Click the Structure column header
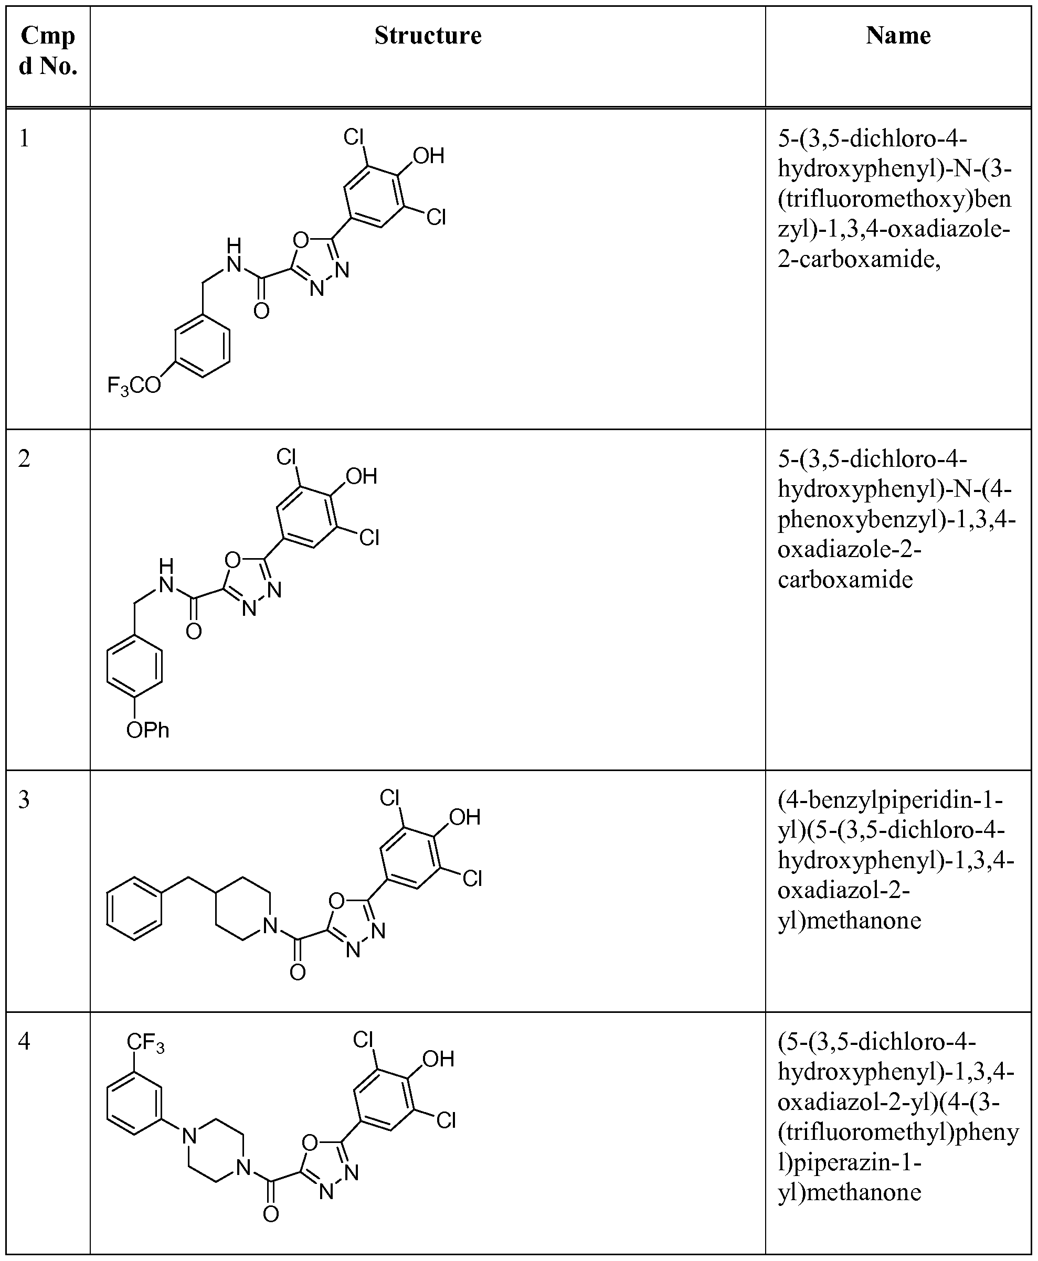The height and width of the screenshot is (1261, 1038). tap(428, 36)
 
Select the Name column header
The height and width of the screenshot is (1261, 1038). tap(898, 36)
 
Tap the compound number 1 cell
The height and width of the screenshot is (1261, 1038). tap(24, 138)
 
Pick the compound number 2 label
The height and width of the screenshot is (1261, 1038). tap(24, 459)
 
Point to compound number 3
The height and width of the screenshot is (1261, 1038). tap(24, 799)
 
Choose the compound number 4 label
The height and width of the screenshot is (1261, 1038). tap(24, 1042)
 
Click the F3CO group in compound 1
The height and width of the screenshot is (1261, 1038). tap(134, 386)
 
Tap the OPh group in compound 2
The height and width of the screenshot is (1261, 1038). tap(147, 730)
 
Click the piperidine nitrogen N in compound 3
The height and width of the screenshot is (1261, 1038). tap(270, 926)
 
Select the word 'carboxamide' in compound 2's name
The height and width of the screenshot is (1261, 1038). tap(845, 580)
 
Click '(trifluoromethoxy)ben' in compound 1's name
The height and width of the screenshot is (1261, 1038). tap(895, 199)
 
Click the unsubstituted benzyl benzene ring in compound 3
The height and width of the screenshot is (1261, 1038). tap(134, 909)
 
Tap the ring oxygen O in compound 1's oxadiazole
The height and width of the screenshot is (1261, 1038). tap(301, 241)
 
